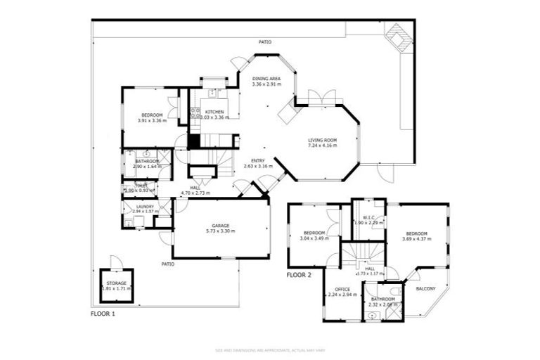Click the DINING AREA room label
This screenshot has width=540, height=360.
[x=266, y=79]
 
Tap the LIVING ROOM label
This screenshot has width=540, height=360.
[x=323, y=140]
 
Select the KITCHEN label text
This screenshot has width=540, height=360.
[x=214, y=112]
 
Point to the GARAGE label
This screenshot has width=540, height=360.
[x=219, y=226]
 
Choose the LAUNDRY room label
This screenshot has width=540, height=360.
[x=145, y=206]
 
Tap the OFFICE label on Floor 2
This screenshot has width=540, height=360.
[x=342, y=289]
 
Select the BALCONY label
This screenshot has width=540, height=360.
[x=425, y=289]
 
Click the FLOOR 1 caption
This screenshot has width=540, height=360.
[x=103, y=314]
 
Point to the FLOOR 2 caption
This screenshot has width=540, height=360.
[x=299, y=275]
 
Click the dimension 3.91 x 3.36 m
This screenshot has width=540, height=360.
[x=152, y=120]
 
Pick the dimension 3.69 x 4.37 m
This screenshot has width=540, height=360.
[x=416, y=238]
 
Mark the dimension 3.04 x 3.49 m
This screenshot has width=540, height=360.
[x=314, y=238]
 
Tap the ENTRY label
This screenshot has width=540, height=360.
[x=253, y=161]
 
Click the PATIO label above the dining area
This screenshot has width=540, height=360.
[x=265, y=42]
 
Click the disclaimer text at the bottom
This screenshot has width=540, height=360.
[x=270, y=349]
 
